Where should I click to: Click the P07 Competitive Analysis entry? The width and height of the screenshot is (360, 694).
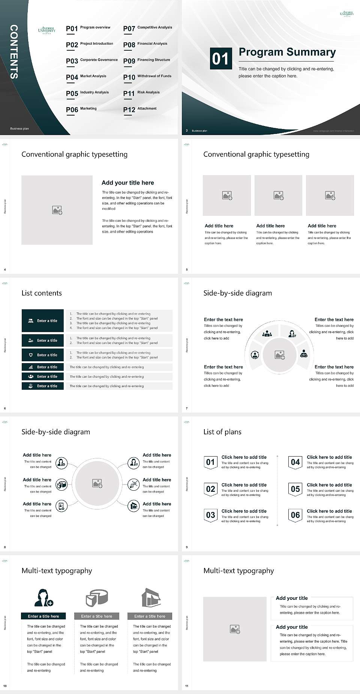[x=148, y=28]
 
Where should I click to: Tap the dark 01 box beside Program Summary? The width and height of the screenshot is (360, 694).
[x=220, y=59]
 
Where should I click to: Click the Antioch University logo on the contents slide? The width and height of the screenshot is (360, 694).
[x=47, y=30]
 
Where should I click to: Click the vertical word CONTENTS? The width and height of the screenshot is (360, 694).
[x=13, y=52]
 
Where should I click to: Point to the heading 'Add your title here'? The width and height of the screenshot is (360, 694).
[x=127, y=183]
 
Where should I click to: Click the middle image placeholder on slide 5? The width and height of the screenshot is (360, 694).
[x=278, y=195]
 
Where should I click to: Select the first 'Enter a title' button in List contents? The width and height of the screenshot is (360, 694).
[x=43, y=321]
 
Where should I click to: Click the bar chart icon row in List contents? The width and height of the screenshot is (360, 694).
[x=43, y=367]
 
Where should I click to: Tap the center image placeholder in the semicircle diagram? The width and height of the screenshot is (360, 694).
[x=279, y=355]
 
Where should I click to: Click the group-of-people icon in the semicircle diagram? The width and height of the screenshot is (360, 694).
[x=267, y=333]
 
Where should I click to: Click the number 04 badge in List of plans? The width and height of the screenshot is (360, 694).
[x=295, y=462]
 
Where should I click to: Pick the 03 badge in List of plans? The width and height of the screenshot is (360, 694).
[x=210, y=515]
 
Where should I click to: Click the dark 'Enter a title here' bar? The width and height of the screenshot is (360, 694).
[x=43, y=616]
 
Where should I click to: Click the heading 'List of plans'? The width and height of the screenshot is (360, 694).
[x=222, y=432]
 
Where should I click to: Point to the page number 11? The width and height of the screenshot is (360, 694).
[x=187, y=686]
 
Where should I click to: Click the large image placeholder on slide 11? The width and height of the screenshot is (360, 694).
[x=235, y=629]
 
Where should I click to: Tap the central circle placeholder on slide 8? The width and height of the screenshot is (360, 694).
[x=97, y=484]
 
